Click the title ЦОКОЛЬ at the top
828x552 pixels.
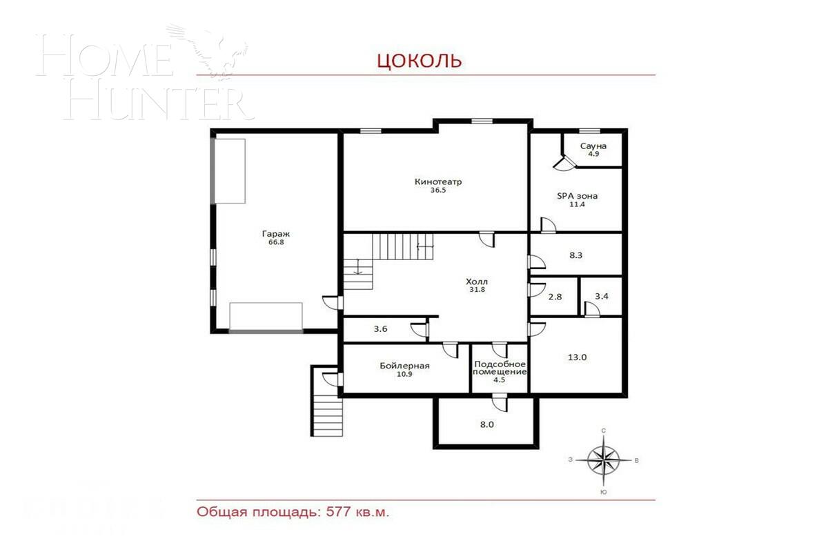click(x=419, y=61)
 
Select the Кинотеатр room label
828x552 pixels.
click(x=438, y=182)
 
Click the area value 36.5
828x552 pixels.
click(x=438, y=190)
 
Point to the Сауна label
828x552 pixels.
click(x=593, y=146)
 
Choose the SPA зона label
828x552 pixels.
click(x=578, y=196)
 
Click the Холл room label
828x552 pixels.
click(x=476, y=282)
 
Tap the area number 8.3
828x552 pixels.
click(x=576, y=255)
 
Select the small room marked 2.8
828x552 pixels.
click(x=555, y=297)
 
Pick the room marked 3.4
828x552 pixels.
click(x=601, y=297)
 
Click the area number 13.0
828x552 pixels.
click(x=577, y=357)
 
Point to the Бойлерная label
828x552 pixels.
click(x=404, y=366)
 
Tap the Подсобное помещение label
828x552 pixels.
click(x=500, y=368)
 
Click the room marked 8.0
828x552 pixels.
click(x=486, y=424)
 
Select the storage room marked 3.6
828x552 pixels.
click(x=380, y=329)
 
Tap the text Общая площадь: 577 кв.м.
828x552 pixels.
click(x=298, y=513)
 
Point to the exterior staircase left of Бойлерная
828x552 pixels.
click(x=327, y=407)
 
